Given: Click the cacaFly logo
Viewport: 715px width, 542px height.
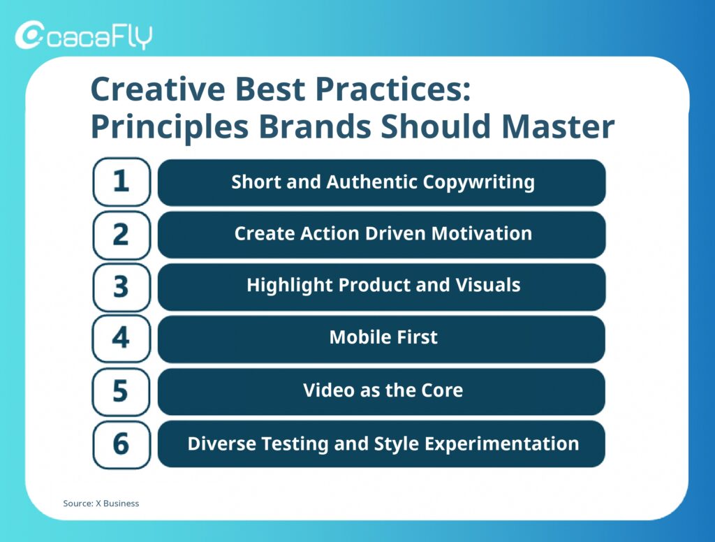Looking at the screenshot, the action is click(84, 35).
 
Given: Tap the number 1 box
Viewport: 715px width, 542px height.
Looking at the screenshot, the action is click(121, 182).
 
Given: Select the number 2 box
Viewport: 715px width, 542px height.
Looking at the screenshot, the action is click(121, 235).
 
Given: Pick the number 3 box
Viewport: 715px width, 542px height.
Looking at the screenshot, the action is click(121, 288).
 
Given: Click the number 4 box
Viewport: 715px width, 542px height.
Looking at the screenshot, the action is click(121, 339).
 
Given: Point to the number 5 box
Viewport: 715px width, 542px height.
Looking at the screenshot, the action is click(121, 391).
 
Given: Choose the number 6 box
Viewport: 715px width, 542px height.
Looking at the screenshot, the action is click(121, 444).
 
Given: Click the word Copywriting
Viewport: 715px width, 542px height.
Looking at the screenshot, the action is click(478, 183).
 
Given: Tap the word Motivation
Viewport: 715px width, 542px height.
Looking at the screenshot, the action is click(482, 233).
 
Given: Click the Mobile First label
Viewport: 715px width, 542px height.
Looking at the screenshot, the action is click(383, 337).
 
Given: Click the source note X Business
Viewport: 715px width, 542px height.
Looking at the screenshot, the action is click(117, 503).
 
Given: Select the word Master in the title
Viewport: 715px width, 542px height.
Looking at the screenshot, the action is click(558, 126).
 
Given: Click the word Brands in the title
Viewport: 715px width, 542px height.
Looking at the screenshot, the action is click(315, 126).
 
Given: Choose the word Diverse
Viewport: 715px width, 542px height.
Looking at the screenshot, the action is click(221, 444).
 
